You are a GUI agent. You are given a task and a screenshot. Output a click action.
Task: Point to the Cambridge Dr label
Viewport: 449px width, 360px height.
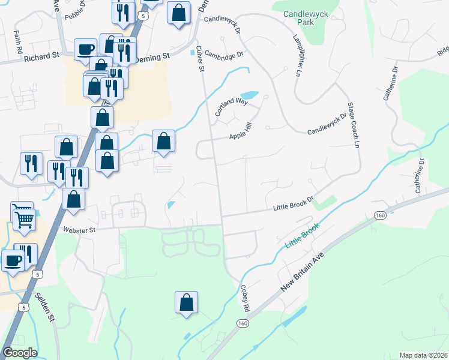(x=223, y=54)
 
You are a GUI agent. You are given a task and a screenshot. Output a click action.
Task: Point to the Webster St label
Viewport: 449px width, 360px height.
(x=79, y=229)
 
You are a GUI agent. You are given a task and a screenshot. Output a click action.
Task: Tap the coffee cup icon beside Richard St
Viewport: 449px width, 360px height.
(x=86, y=49)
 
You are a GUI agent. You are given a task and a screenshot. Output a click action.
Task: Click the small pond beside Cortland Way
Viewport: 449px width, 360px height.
(x=249, y=95)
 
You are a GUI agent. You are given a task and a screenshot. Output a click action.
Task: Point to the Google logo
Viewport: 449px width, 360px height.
(x=19, y=353)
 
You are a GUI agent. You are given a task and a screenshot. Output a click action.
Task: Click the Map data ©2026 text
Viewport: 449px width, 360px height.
(x=423, y=355)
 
